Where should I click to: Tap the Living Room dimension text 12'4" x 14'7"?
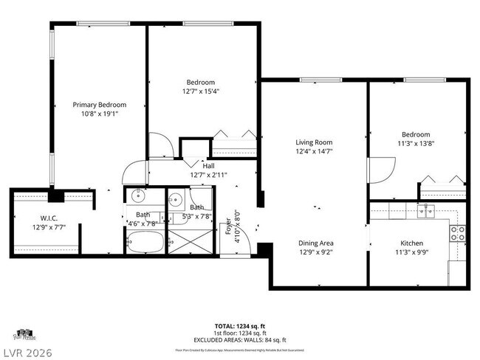click(314, 152)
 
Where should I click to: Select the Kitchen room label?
click(411, 243)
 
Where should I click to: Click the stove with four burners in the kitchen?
click(457, 234)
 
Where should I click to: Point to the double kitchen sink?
click(425, 212)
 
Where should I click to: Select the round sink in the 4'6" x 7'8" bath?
click(137, 196)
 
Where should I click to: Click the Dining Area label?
click(315, 243)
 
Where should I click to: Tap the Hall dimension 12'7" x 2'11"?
click(209, 176)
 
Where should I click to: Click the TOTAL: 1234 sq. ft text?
click(241, 326)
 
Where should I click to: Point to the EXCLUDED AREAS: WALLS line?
click(241, 340)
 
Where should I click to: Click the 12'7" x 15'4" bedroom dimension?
click(200, 91)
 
